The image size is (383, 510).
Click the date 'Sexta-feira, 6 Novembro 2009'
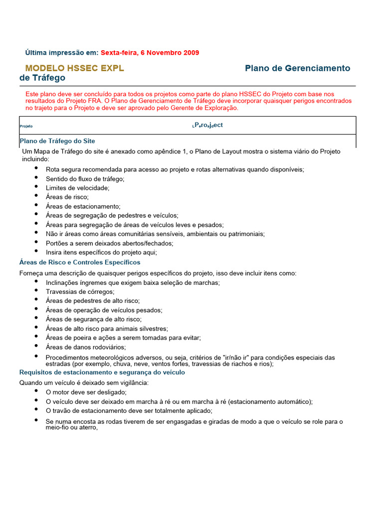[x=150, y=52]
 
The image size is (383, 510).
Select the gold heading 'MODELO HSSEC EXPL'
[x=75, y=68]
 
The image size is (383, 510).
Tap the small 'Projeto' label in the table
[x=26, y=127]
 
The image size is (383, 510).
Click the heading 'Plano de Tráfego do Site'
[x=57, y=141]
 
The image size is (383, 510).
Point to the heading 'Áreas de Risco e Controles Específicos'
[x=80, y=262]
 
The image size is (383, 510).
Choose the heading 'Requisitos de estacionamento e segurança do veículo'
[x=102, y=372]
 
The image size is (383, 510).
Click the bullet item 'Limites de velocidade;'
[x=77, y=188]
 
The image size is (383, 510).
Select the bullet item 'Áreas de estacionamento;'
[x=83, y=206]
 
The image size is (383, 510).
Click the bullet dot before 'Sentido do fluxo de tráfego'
[x=36, y=177]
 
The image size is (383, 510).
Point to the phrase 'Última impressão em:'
[x=62, y=52]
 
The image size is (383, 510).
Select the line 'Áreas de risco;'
[x=67, y=197]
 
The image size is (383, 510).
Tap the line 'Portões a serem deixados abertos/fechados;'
[x=109, y=243]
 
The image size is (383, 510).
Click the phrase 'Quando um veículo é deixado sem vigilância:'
[x=84, y=382]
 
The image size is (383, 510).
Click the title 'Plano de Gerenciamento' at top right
[x=298, y=68]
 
